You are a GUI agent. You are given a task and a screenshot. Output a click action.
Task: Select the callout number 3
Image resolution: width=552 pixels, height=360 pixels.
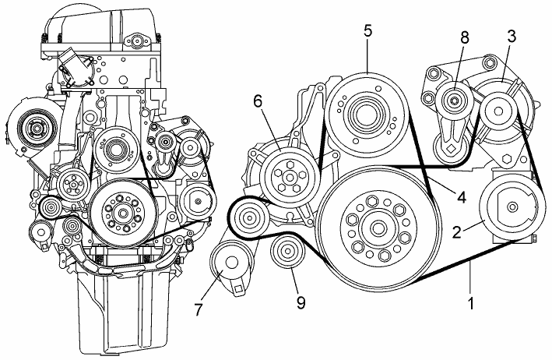tap(512, 36)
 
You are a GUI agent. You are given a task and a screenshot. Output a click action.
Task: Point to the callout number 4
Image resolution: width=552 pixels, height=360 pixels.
tap(462, 198)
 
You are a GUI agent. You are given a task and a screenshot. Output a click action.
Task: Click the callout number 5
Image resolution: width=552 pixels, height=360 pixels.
tap(368, 30)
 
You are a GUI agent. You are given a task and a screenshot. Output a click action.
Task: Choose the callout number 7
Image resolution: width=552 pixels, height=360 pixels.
tap(200, 309)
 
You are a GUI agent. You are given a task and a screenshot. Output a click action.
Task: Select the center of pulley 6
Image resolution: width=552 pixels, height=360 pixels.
tap(289, 177)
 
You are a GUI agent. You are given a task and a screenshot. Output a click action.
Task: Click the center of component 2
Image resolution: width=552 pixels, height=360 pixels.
tap(511, 206)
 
